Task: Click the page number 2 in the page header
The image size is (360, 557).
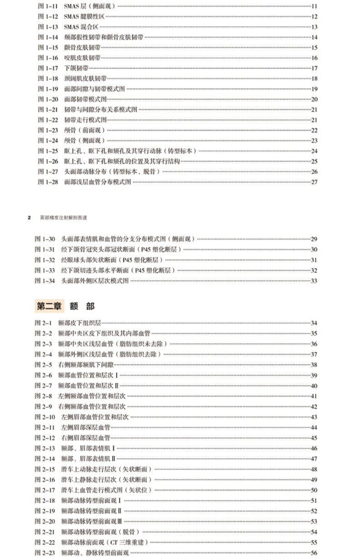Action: pyautogui.click(x=29, y=217)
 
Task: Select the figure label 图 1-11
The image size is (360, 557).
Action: pyautogui.click(x=47, y=6)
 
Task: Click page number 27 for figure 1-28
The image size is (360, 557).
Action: pyautogui.click(x=314, y=182)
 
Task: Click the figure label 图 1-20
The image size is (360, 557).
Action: pyautogui.click(x=47, y=99)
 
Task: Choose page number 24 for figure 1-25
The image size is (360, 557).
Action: pyautogui.click(x=314, y=151)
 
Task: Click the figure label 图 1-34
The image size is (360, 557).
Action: pyautogui.click(x=45, y=281)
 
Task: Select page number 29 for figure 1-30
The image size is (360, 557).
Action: pyautogui.click(x=314, y=239)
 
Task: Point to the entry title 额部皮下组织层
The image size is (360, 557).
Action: pyautogui.click(x=77, y=323)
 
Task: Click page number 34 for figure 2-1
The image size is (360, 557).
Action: pyautogui.click(x=314, y=323)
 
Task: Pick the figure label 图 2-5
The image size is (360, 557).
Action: pyautogui.click(x=43, y=365)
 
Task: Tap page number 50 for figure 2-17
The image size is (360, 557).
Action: pyautogui.click(x=314, y=490)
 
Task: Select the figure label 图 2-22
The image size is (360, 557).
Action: pyautogui.click(x=45, y=542)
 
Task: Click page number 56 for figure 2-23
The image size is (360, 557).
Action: pyautogui.click(x=314, y=553)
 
